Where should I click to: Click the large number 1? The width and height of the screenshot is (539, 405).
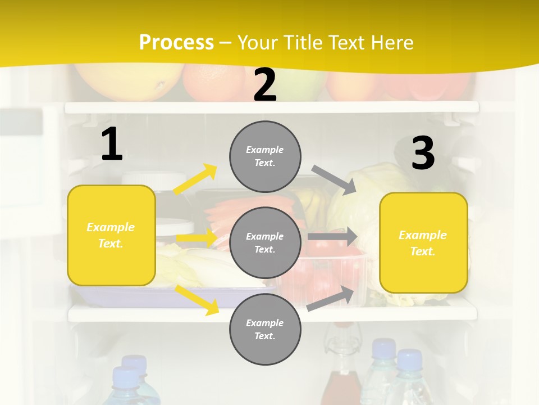(112, 145)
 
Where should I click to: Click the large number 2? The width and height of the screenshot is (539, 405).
(265, 85)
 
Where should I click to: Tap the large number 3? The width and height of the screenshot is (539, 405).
(423, 154)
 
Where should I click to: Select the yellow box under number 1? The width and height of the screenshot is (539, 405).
(111, 235)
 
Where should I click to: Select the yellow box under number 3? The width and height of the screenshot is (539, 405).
(423, 242)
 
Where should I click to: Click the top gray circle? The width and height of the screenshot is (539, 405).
(265, 156)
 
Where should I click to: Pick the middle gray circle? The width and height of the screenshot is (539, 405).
(265, 242)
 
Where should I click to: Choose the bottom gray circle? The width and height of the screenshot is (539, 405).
(265, 329)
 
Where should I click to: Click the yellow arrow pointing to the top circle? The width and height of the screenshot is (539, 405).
(195, 179)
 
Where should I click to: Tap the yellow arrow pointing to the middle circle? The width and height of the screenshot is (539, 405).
(197, 238)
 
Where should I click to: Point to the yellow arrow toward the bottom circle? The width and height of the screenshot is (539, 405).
(197, 299)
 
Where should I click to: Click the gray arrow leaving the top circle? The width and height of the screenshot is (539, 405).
(334, 179)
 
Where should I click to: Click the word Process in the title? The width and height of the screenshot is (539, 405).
(176, 42)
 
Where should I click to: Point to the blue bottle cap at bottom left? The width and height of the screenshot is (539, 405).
(125, 376)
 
